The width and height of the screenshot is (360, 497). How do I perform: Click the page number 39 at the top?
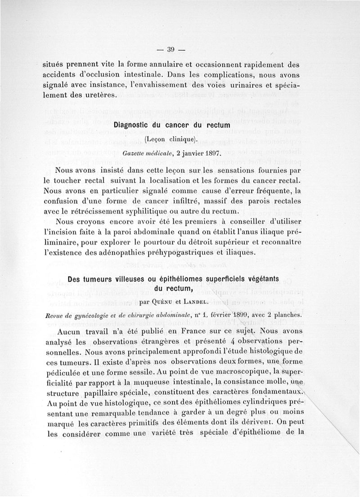pyautogui.click(x=171, y=50)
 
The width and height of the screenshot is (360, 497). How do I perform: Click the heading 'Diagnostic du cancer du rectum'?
pyautogui.click(x=172, y=125)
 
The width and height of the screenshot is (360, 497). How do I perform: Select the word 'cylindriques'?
pyautogui.click(x=245, y=403)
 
